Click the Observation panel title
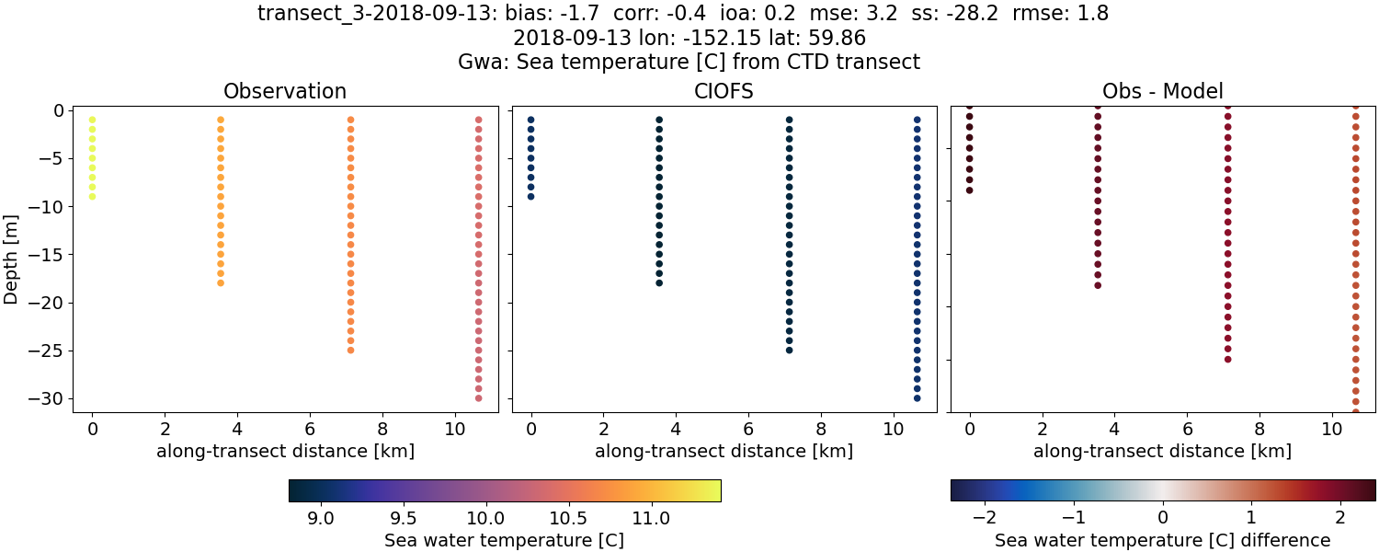point(285,91)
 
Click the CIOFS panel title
point(724,91)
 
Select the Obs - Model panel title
point(1162,91)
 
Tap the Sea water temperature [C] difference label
point(1163,540)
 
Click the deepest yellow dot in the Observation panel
point(92,196)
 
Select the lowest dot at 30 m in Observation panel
point(478,398)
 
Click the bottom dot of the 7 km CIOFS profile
point(789,350)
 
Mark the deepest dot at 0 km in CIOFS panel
point(530,196)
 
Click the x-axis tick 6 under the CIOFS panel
point(748,429)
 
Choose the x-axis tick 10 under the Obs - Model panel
point(1332,429)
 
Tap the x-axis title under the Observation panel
point(285,452)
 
